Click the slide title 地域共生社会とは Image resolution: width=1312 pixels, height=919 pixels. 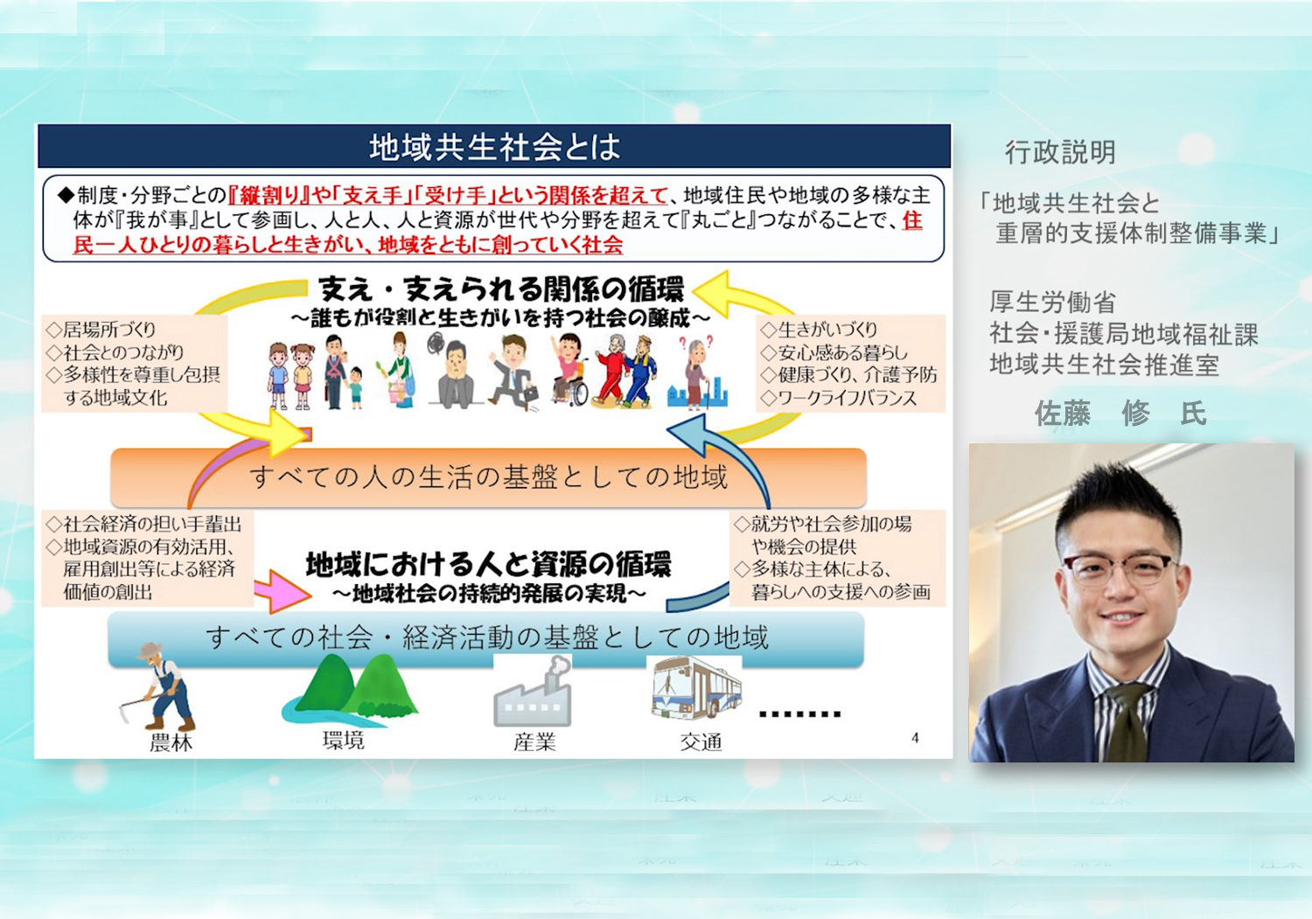[x=494, y=146]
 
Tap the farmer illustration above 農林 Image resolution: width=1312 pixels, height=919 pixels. [x=158, y=686]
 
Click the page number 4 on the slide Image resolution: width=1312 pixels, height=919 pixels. [x=915, y=738]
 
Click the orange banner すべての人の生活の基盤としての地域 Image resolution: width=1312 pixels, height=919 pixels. [x=488, y=477]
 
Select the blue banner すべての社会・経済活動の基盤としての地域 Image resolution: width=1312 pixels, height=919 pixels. [x=486, y=637]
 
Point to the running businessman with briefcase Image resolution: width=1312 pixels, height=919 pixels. [x=513, y=372]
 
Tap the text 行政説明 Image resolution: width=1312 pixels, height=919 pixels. [x=1060, y=152]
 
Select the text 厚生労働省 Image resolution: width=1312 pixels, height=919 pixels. [x=1052, y=303]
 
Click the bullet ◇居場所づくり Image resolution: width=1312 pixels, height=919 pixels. [x=101, y=330]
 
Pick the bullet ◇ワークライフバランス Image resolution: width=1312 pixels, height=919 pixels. [x=838, y=399]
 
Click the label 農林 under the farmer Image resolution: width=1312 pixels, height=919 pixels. [x=171, y=742]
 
